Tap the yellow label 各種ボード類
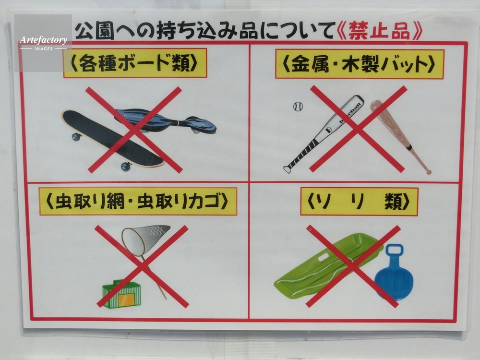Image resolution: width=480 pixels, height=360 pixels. [x=135, y=63]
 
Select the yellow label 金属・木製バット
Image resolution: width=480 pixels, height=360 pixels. [x=360, y=64]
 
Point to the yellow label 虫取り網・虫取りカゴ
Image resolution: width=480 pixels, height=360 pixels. [x=138, y=202]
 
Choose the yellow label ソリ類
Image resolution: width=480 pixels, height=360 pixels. [x=359, y=202]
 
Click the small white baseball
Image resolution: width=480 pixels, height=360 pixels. [x=298, y=107]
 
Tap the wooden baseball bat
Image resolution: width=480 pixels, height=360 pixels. [x=399, y=136]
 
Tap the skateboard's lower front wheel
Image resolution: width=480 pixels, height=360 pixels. [x=126, y=167]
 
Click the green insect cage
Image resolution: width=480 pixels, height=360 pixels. [x=121, y=293]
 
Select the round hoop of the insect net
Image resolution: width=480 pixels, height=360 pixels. [x=133, y=242]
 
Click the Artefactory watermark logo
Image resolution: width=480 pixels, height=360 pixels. [x=43, y=43]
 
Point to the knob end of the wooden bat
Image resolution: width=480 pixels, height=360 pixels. [x=429, y=172]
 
